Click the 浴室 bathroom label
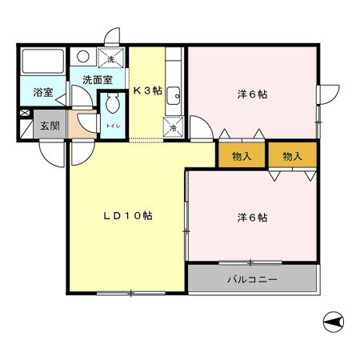point(43,93)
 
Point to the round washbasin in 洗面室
point(82,58)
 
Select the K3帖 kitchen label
point(147,90)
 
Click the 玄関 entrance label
point(50,125)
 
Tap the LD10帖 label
point(127,216)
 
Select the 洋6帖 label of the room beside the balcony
point(251,217)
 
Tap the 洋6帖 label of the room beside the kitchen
point(251,94)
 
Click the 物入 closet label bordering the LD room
point(242,155)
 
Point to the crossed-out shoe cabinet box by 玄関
point(26,126)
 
